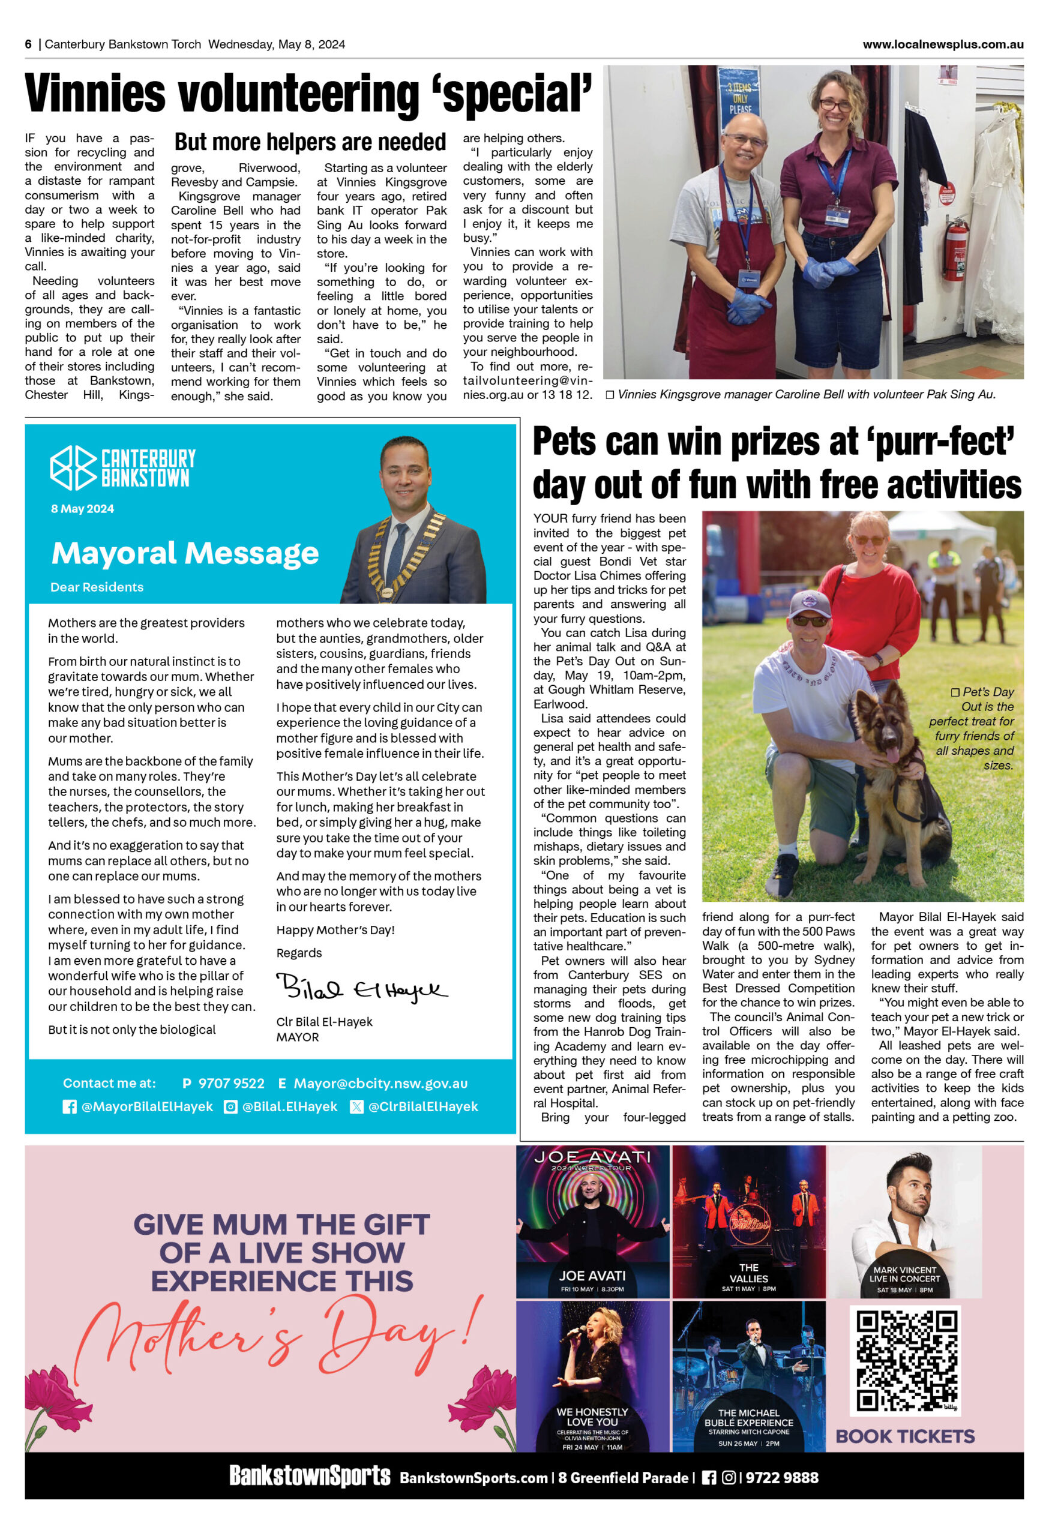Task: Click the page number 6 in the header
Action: tap(28, 44)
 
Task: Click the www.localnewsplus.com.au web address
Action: tap(943, 44)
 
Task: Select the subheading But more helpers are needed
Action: tap(310, 142)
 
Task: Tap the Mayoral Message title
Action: tap(185, 553)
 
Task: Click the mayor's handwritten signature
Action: tap(360, 988)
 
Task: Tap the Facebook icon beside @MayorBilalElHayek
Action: tap(70, 1106)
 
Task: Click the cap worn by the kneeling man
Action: tap(809, 604)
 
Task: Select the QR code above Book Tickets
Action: tap(906, 1362)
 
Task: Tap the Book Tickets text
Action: tap(905, 1436)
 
